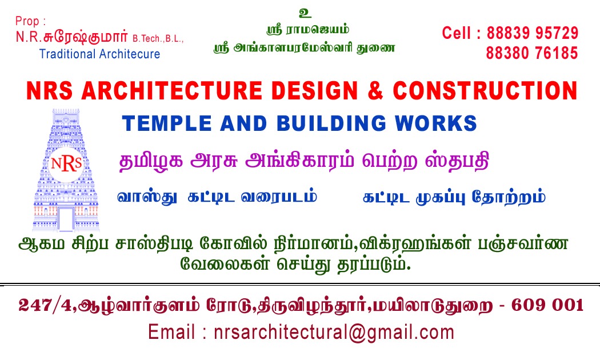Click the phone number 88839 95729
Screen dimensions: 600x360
pyautogui.click(x=532, y=33)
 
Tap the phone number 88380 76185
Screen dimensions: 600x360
pyautogui.click(x=532, y=53)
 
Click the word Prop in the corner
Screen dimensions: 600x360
pyautogui.click(x=27, y=21)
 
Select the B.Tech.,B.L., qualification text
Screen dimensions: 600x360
pyautogui.click(x=158, y=39)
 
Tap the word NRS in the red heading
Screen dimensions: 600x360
pyautogui.click(x=49, y=91)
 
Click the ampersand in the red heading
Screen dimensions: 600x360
pyautogui.click(x=375, y=91)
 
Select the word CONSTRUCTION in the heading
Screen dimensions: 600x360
pyautogui.click(x=485, y=91)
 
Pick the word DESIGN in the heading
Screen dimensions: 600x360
pyautogui.click(x=314, y=91)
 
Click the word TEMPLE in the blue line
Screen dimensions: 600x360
pyautogui.click(x=167, y=123)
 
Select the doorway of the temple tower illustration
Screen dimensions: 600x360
pyautogui.click(x=66, y=219)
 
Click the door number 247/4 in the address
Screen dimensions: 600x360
pyautogui.click(x=45, y=305)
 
